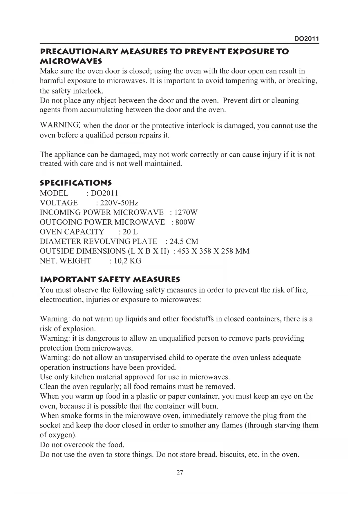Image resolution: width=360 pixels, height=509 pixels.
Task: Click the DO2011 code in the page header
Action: coord(307,39)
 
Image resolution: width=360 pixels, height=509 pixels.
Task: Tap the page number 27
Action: coord(180,472)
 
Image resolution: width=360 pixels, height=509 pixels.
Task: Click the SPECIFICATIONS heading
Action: coord(76,183)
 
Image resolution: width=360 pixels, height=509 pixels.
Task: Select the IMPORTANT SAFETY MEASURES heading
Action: coord(110,280)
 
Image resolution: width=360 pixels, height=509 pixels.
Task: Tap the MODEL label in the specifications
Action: coord(54,193)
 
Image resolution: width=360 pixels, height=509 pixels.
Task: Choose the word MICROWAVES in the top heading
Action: coord(71,62)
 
